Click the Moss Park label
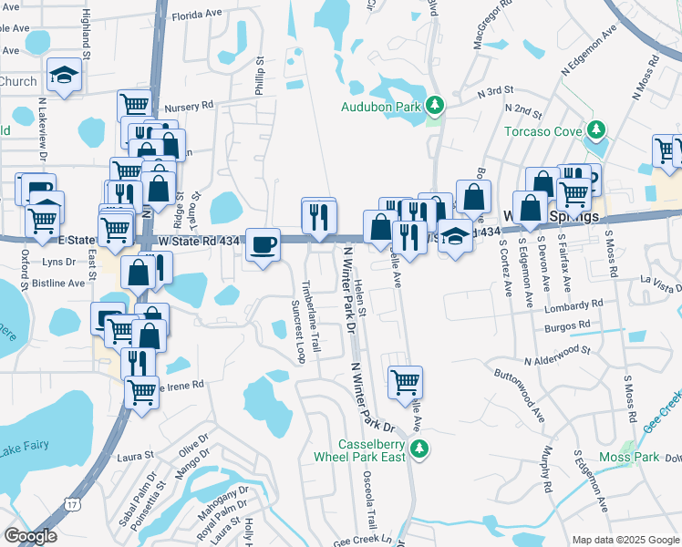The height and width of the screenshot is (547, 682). [x=629, y=456]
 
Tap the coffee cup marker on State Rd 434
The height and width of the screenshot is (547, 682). [x=263, y=244]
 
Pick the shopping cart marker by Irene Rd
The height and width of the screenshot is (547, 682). [x=141, y=393]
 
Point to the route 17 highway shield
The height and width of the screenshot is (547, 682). [x=71, y=503]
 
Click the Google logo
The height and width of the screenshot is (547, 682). [x=30, y=536]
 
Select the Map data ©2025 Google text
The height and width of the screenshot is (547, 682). [x=625, y=540]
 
